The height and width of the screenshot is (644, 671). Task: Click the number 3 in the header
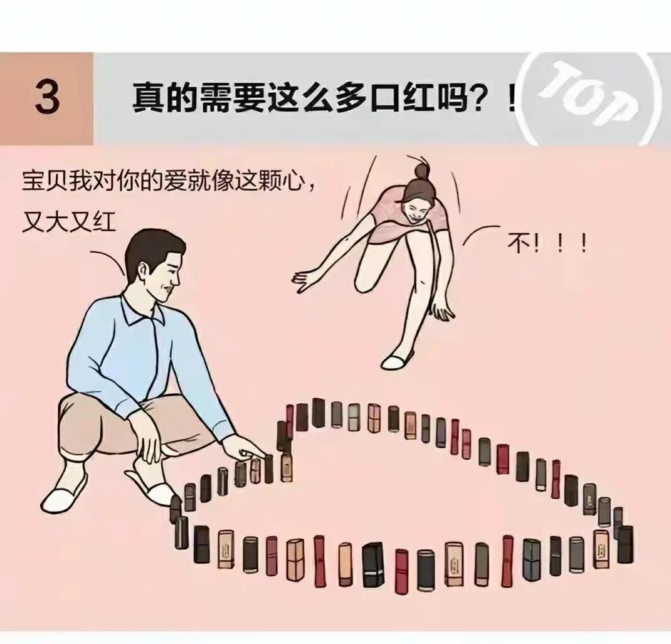pos(47,98)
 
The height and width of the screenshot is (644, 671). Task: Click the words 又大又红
pos(69,222)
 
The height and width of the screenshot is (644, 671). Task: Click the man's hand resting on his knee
pos(151,442)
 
